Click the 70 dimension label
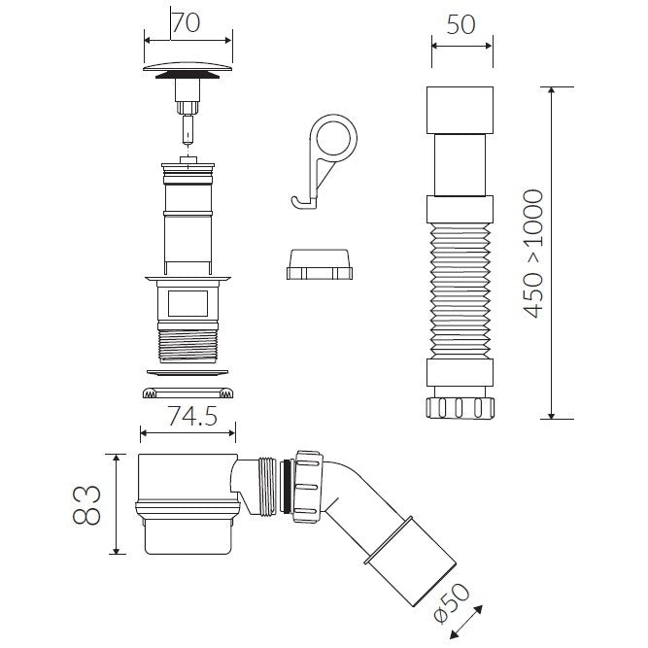pos(186,22)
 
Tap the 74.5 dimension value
pos(192,416)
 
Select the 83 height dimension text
pos(87,504)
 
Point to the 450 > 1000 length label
pos(531,254)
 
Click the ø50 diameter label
pos(452,603)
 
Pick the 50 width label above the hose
pos(461,25)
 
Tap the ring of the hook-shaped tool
pos(335,137)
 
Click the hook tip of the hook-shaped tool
pos(293,201)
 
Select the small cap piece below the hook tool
pos(320,264)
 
